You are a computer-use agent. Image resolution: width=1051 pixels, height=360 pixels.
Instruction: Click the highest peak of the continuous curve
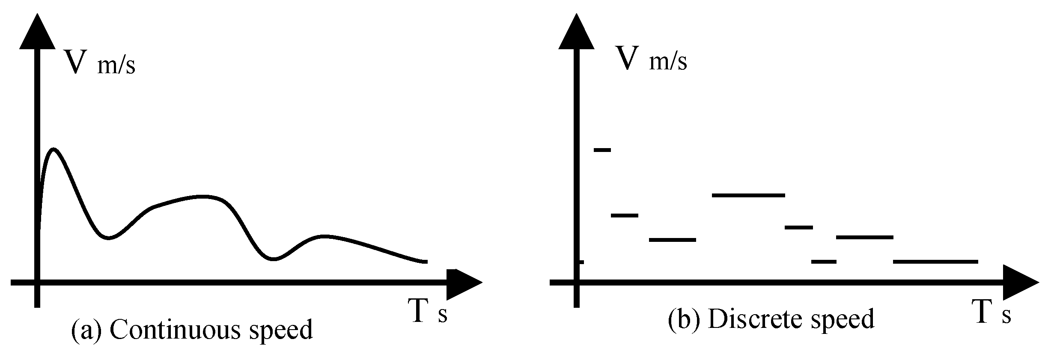pyautogui.click(x=54, y=149)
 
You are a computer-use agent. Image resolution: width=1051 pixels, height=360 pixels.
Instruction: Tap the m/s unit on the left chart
pyautogui.click(x=116, y=66)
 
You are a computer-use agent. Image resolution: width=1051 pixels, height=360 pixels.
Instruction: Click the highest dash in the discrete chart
pyautogui.click(x=602, y=149)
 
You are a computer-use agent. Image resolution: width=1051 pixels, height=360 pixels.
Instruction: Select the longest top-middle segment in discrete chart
pyautogui.click(x=748, y=195)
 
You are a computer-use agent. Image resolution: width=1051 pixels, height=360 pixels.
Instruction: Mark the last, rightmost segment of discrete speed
pyautogui.click(x=935, y=261)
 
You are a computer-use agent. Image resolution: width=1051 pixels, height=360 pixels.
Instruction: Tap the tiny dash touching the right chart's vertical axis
pyautogui.click(x=581, y=262)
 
